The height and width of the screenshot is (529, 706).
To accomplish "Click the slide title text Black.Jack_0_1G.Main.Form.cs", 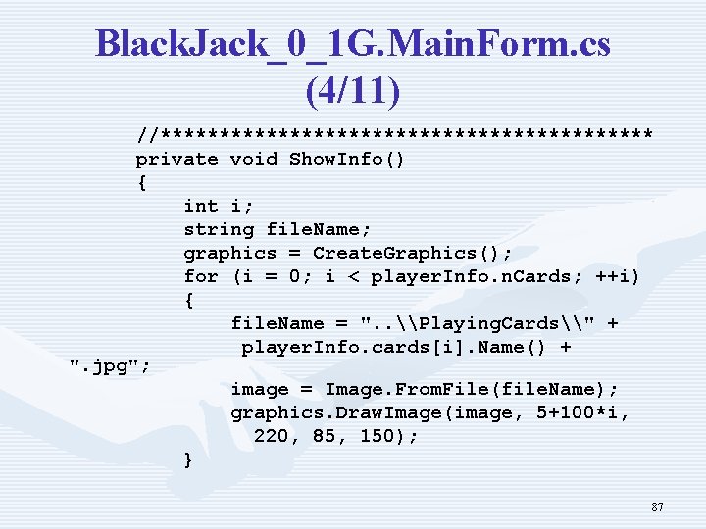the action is click(353, 44).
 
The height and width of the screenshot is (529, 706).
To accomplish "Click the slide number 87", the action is click(657, 507).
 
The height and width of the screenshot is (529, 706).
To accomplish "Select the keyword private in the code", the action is click(176, 159).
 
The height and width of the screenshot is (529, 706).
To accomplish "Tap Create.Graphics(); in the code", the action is click(412, 253).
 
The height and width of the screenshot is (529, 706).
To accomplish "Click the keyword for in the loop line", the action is click(201, 276).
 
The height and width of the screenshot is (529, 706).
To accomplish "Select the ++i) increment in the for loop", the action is click(616, 276).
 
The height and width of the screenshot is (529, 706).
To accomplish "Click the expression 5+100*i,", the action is click(583, 413).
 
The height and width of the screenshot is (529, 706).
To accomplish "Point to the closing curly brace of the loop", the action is click(188, 460).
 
